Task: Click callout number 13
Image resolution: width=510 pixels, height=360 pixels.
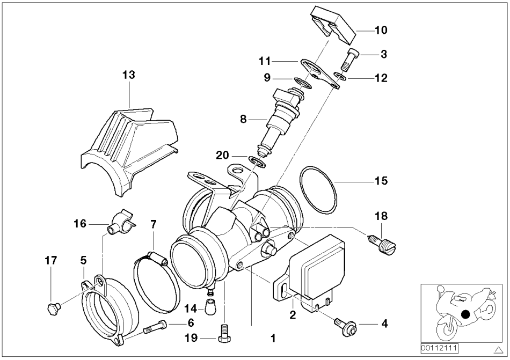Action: click(128, 75)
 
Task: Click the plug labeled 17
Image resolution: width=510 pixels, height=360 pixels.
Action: click(52, 308)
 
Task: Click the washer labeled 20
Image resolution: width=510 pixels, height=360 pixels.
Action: click(258, 160)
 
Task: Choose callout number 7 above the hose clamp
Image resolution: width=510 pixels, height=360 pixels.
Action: click(154, 222)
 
